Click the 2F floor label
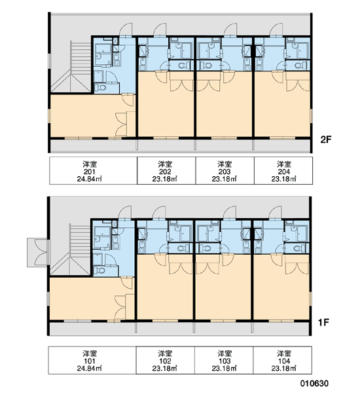326,140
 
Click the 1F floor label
323,322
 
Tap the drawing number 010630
314,383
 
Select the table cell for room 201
93,171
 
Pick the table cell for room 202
166,171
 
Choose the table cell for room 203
225,171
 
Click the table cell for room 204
283,171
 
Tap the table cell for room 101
92,360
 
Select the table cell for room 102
166,360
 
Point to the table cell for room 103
224,360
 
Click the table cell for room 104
283,360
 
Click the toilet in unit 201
101,88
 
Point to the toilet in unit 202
185,65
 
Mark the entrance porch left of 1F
37,252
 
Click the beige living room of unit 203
224,108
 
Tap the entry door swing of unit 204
276,29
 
